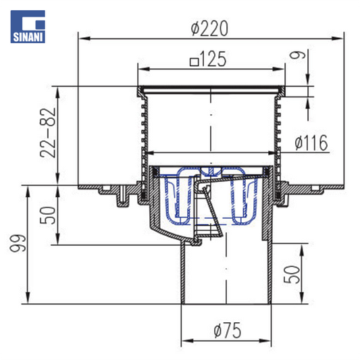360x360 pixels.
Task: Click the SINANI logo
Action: pyautogui.click(x=28, y=26)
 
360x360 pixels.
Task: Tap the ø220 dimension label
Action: pyautogui.click(x=209, y=28)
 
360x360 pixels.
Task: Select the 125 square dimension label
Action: pyautogui.click(x=208, y=59)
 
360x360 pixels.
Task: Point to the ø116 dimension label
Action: pyautogui.click(x=311, y=143)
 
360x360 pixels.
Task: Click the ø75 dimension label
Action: pyautogui.click(x=228, y=330)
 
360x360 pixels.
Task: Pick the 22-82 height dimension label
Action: pyautogui.click(x=48, y=132)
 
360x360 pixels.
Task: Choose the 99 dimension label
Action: pyautogui.click(x=18, y=243)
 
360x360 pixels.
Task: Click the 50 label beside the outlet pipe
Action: pyautogui.click(x=292, y=275)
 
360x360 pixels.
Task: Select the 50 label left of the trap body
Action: pyautogui.click(x=48, y=215)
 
